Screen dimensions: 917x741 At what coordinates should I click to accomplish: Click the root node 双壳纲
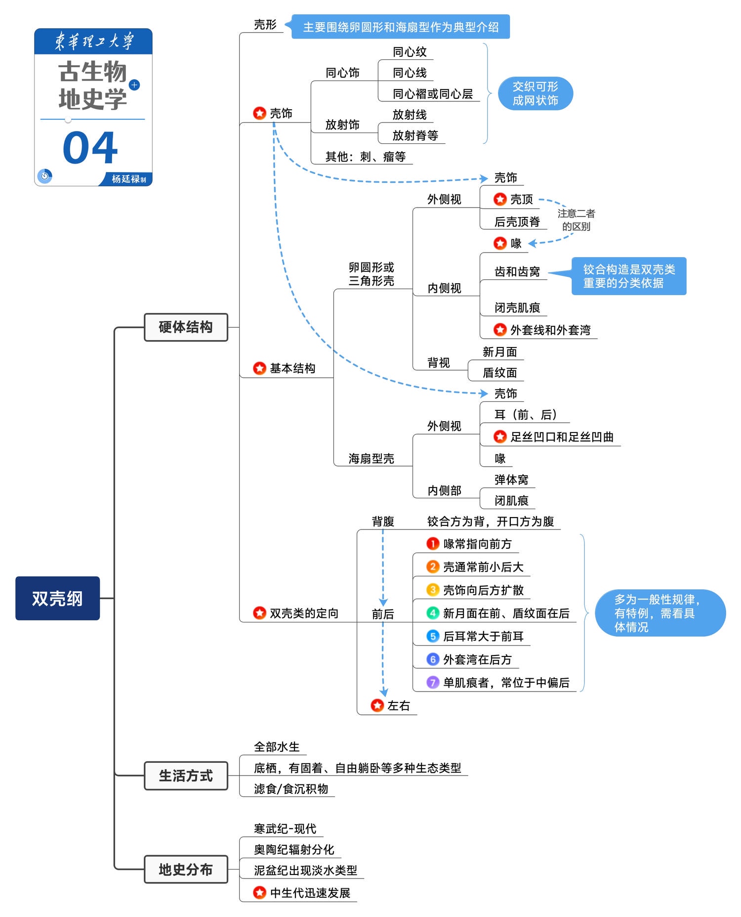tap(57, 598)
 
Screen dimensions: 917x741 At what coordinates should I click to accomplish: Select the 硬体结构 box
tap(186, 327)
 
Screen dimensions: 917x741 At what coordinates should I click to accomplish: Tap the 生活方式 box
tap(186, 776)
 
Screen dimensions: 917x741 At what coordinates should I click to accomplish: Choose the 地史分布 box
tap(186, 869)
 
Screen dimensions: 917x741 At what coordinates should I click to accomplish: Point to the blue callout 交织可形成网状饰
tap(535, 93)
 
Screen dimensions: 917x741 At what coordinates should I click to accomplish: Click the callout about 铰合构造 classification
tap(628, 276)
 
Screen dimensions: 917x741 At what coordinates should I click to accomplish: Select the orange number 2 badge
tap(433, 567)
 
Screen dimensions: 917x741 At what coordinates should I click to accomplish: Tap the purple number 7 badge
tap(433, 682)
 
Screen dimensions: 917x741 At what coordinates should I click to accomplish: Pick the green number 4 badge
tap(433, 613)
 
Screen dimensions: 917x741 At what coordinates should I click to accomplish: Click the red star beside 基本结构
tap(259, 368)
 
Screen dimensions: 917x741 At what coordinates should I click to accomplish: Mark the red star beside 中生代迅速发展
tap(259, 892)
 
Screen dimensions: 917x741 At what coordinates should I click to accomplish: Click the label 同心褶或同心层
tap(432, 93)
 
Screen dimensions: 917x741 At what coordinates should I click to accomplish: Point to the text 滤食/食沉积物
tap(291, 788)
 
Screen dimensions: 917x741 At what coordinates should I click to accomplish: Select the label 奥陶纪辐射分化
tap(294, 849)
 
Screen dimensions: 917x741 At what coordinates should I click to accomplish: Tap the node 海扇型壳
tap(371, 458)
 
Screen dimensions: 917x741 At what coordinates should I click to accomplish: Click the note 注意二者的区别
tap(576, 220)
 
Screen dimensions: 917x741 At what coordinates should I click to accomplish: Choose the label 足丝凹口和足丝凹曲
tap(562, 437)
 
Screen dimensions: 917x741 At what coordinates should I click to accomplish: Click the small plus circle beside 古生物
tap(134, 85)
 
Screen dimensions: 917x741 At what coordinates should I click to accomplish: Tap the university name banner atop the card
tap(93, 41)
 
